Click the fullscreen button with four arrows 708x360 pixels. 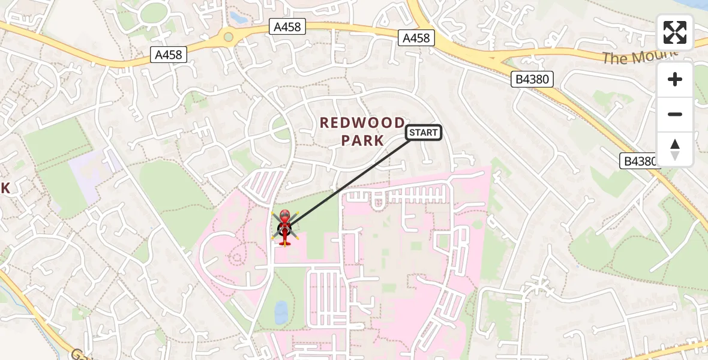(675, 32)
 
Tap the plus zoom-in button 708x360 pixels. (675, 79)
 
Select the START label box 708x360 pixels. (424, 133)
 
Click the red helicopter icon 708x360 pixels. (284, 227)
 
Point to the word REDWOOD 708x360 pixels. (362, 124)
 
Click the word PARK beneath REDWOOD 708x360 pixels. (362, 141)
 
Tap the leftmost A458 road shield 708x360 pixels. (169, 55)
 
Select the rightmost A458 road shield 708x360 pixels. (416, 38)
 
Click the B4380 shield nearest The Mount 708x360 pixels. (532, 79)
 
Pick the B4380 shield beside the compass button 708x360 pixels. (638, 161)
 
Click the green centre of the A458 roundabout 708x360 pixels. (228, 37)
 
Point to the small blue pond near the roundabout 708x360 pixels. (238, 18)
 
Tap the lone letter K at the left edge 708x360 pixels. (6, 188)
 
